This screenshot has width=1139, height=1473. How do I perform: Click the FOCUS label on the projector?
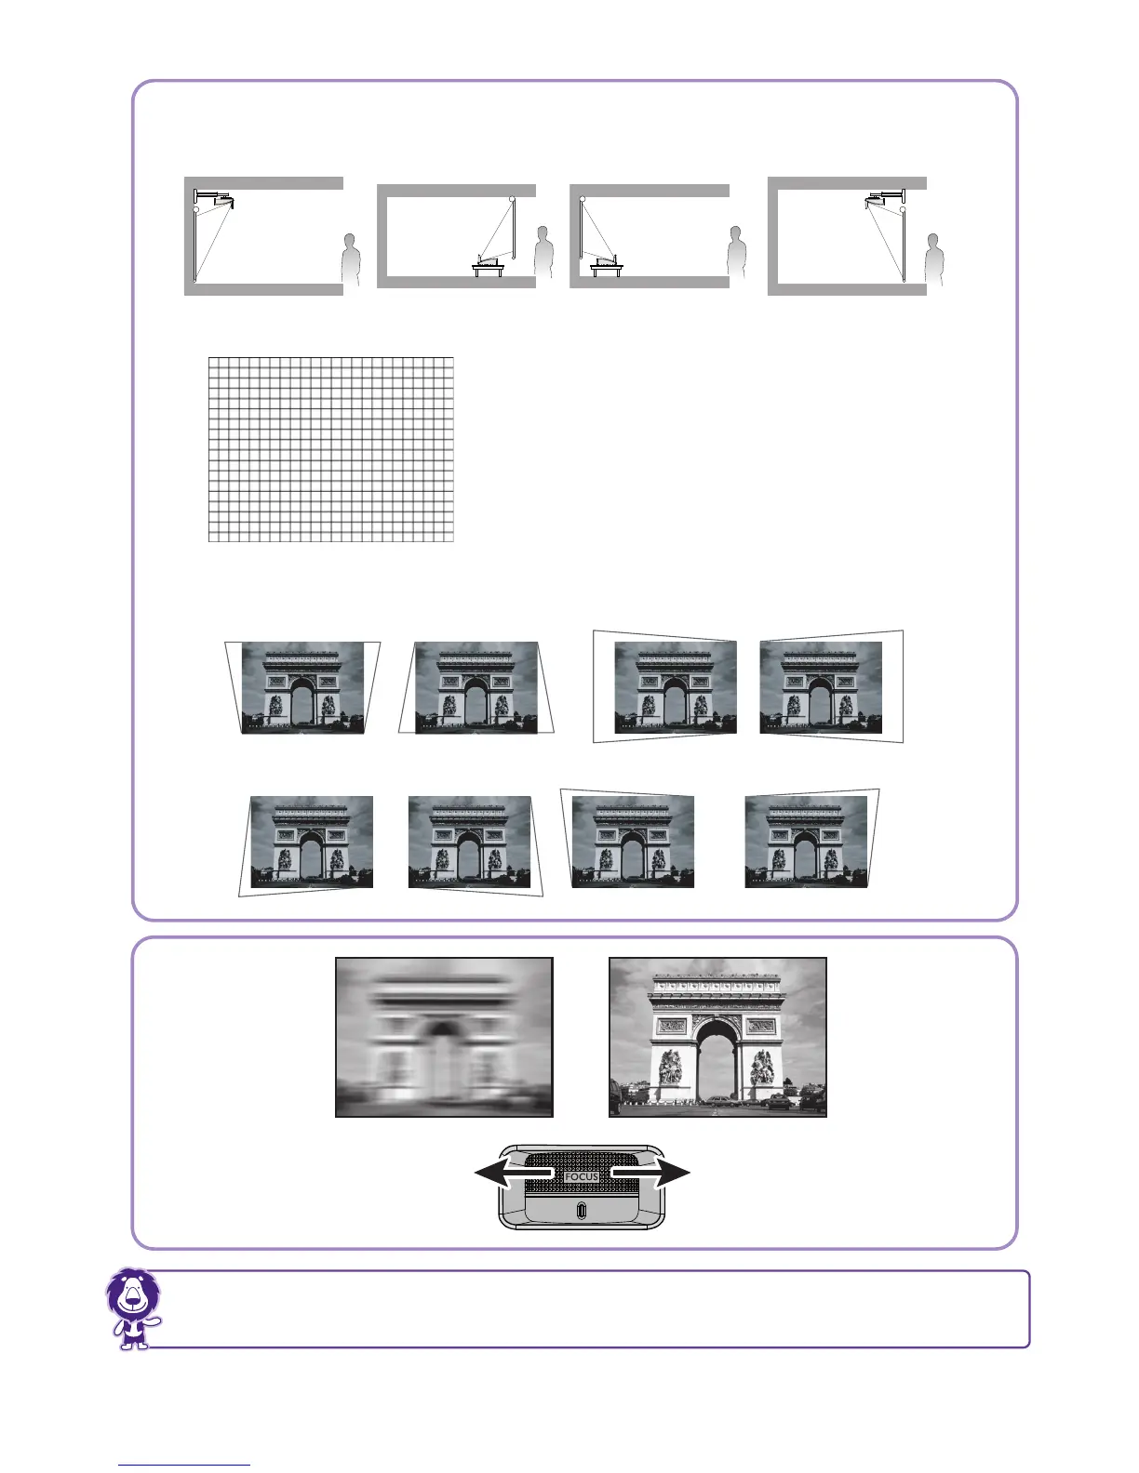click(x=582, y=1176)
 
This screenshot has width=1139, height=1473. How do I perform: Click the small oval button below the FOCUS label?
click(x=582, y=1212)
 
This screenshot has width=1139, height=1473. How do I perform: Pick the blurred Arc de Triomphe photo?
click(x=444, y=1037)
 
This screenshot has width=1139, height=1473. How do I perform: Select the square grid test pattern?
click(x=330, y=448)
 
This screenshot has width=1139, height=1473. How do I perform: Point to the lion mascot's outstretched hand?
click(x=154, y=1320)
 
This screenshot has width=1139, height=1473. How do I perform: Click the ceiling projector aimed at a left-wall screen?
click(x=221, y=199)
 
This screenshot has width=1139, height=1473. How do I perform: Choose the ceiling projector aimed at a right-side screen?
click(x=879, y=199)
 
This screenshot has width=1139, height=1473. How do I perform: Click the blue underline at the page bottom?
click(x=185, y=1465)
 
